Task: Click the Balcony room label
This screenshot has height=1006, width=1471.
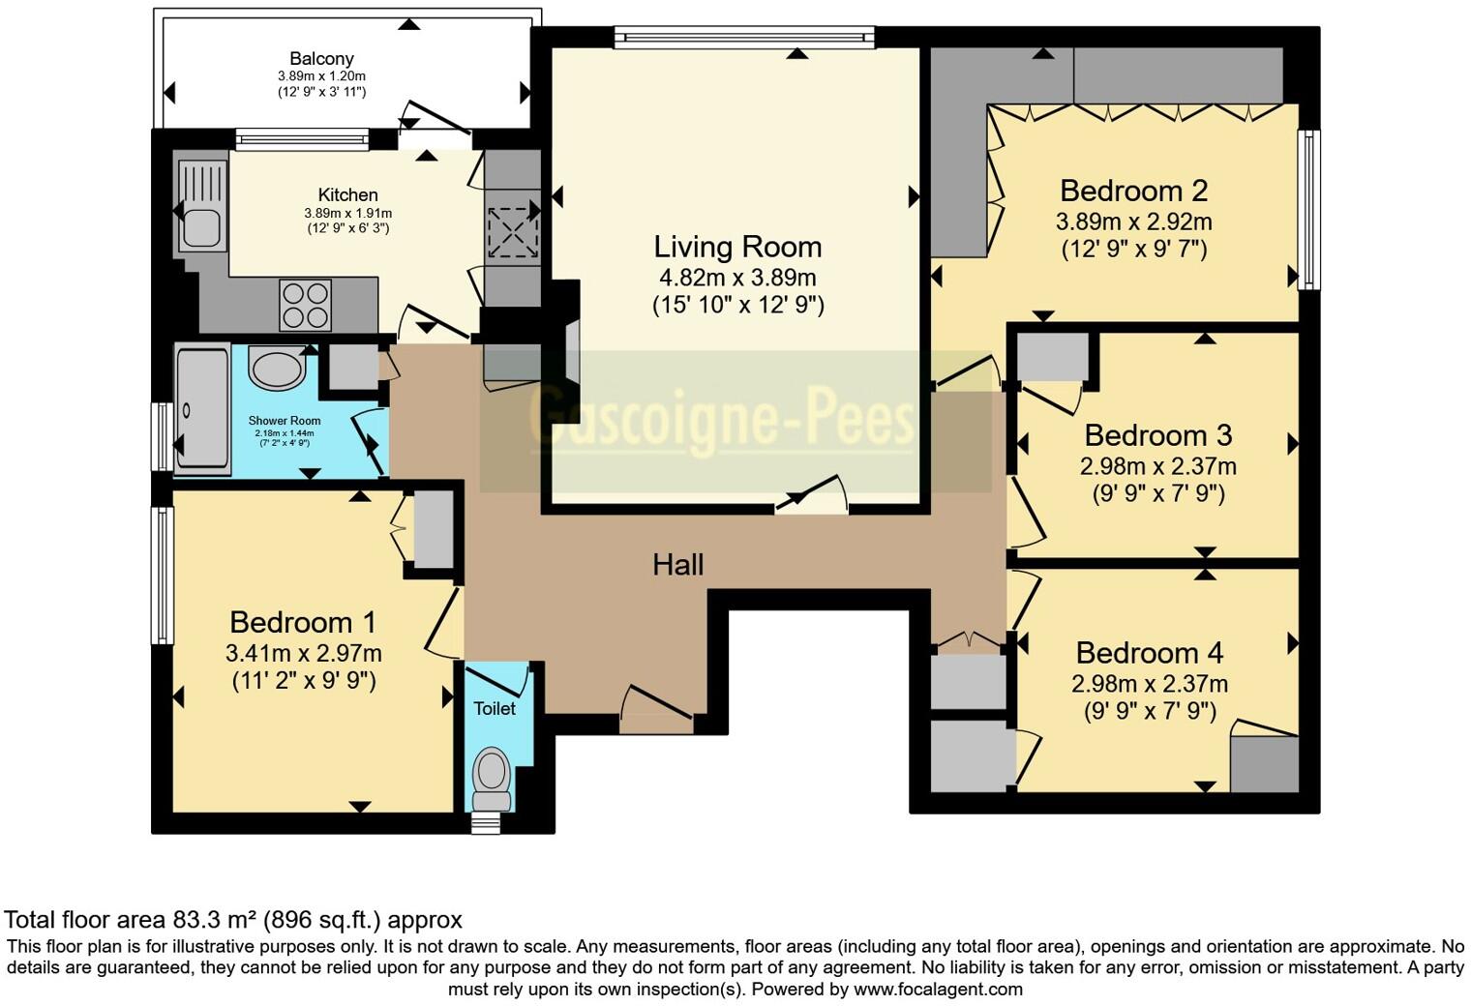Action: tap(321, 59)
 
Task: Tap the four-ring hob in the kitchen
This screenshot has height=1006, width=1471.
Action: tap(305, 305)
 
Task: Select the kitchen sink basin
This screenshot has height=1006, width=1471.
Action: tap(201, 229)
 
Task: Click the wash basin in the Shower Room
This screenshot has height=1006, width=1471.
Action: tap(278, 370)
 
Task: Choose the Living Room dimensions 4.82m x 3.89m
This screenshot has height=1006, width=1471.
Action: tap(737, 278)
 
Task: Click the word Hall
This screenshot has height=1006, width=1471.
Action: tap(677, 565)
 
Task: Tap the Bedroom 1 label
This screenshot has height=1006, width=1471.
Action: tap(303, 622)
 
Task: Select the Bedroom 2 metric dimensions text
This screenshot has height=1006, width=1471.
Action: tap(1133, 222)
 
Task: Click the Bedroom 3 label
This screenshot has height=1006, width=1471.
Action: tap(1157, 435)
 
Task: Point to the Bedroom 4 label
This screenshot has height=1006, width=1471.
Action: tap(1149, 653)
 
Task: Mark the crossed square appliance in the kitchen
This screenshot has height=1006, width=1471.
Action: tap(513, 232)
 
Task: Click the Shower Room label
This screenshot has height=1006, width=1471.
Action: tap(284, 421)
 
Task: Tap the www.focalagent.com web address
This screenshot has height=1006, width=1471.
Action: tap(938, 990)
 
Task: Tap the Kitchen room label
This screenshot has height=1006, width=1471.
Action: tap(347, 195)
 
